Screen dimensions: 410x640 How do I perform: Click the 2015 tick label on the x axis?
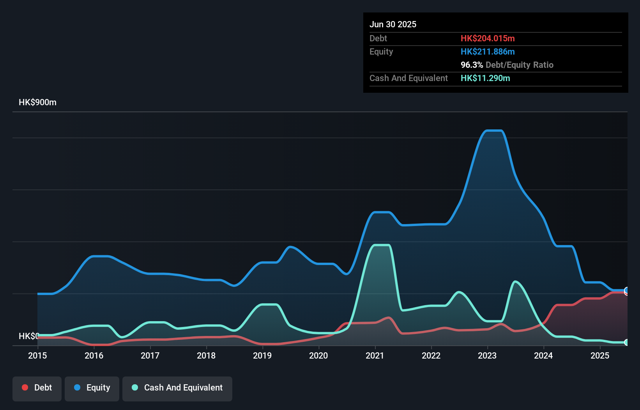pyautogui.click(x=37, y=355)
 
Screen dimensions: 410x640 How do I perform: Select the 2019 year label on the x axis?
pyautogui.click(x=262, y=355)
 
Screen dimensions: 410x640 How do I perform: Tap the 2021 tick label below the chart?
pyautogui.click(x=375, y=355)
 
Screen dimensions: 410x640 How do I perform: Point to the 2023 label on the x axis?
pyautogui.click(x=487, y=355)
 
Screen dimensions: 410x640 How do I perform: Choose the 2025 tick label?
pyautogui.click(x=599, y=355)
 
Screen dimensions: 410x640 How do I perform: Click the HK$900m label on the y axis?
pyautogui.click(x=37, y=102)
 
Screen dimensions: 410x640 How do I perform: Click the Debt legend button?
pyautogui.click(x=37, y=388)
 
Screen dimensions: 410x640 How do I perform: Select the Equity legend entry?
pyautogui.click(x=92, y=388)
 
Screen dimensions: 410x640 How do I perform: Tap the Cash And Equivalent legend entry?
pyautogui.click(x=177, y=388)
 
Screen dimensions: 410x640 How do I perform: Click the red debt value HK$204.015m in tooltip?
pyautogui.click(x=488, y=38)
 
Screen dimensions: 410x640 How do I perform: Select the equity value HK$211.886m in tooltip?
pyautogui.click(x=488, y=51)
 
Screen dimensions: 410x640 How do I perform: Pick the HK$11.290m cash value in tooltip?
pyautogui.click(x=485, y=78)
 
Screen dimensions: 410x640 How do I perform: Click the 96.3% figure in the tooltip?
pyautogui.click(x=472, y=65)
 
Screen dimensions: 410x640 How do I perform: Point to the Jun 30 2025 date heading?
pyautogui.click(x=393, y=24)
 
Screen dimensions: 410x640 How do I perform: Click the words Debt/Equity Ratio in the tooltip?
pyautogui.click(x=520, y=65)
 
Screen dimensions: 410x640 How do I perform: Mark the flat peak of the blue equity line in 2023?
pyautogui.click(x=493, y=131)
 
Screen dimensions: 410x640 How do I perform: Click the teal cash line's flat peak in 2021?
pyautogui.click(x=382, y=245)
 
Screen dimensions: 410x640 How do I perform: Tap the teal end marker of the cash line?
pyautogui.click(x=626, y=342)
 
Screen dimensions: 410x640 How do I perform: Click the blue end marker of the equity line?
pyautogui.click(x=626, y=290)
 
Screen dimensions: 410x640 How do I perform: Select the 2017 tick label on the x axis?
pyautogui.click(x=150, y=355)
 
